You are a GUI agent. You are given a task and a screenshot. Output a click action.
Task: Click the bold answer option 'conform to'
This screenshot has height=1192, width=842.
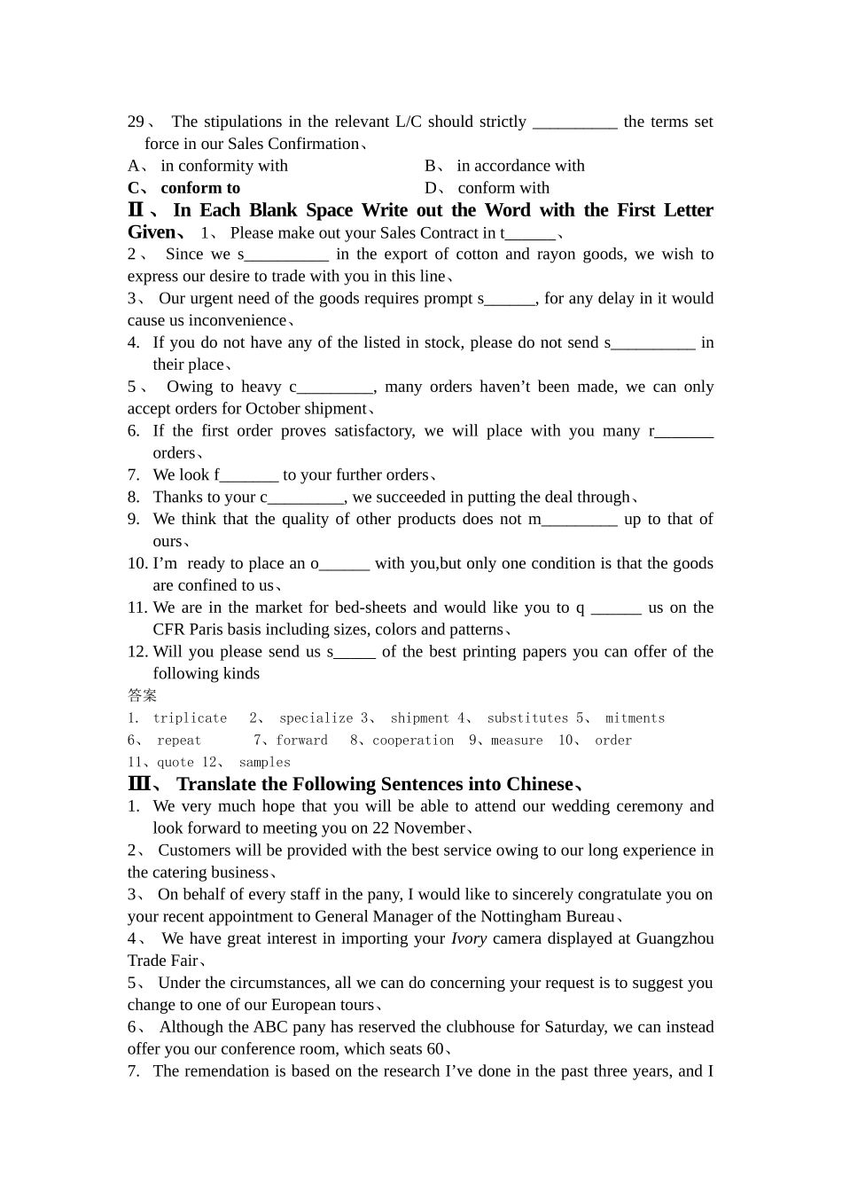200,188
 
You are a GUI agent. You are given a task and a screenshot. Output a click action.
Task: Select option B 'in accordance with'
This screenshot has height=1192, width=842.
520,166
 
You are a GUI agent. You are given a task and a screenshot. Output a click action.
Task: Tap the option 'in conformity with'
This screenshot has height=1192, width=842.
224,166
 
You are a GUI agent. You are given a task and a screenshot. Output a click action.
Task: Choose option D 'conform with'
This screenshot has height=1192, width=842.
503,188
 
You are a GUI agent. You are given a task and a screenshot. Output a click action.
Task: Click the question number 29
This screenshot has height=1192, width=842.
136,122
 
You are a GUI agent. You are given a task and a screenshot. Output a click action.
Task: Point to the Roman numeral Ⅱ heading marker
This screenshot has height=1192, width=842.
136,210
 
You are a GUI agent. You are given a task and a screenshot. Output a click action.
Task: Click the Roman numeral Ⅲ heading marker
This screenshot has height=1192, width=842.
139,784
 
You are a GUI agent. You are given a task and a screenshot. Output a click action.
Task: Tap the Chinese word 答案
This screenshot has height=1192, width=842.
142,695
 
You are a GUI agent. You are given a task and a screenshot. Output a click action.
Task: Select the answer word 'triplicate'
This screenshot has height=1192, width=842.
190,718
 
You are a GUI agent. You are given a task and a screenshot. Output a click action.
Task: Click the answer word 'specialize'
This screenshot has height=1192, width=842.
316,718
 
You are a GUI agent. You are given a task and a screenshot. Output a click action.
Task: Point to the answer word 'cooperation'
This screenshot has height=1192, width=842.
413,741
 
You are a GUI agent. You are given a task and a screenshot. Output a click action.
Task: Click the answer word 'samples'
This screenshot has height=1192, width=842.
264,763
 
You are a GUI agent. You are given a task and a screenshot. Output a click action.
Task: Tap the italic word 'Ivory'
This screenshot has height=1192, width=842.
469,938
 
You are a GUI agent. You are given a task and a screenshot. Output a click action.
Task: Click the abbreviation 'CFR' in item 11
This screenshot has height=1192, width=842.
168,630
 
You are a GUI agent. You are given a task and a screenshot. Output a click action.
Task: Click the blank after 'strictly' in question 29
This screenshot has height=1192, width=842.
574,122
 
